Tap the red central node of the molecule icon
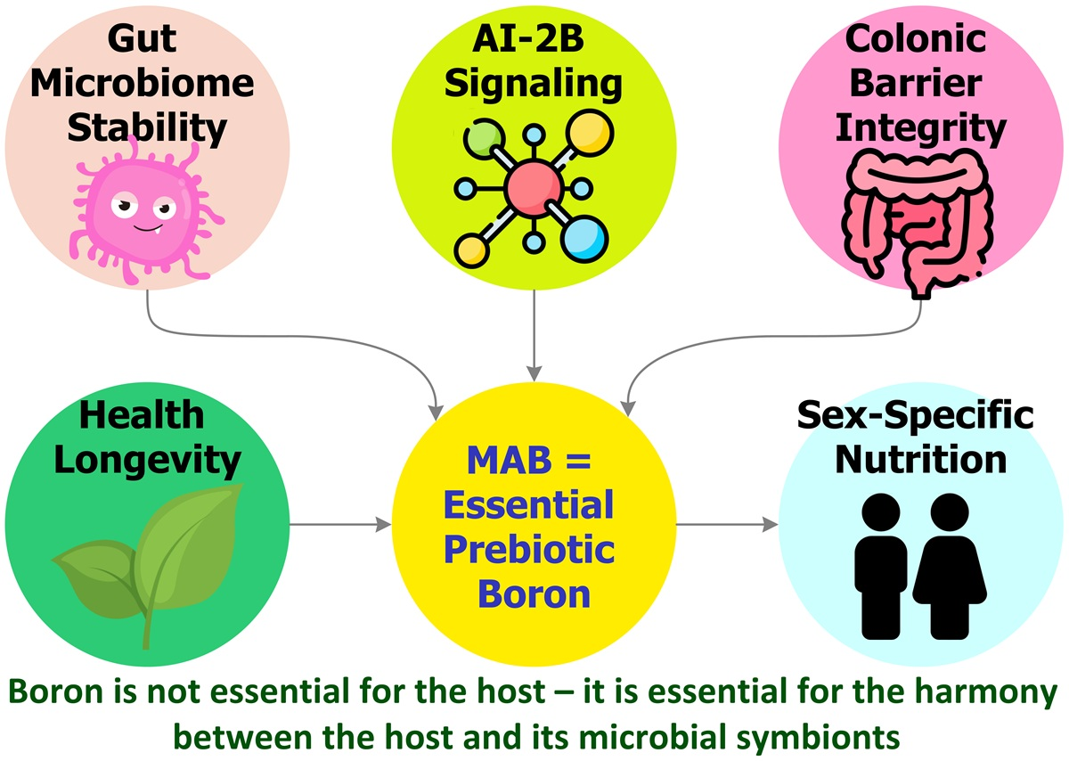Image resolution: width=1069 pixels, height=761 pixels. [x=533, y=187]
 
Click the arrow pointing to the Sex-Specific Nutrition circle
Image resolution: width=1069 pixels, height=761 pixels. [x=726, y=524]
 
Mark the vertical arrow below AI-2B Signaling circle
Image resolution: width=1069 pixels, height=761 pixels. [x=533, y=334]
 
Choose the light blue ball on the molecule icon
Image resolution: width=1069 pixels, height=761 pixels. [x=586, y=238]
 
